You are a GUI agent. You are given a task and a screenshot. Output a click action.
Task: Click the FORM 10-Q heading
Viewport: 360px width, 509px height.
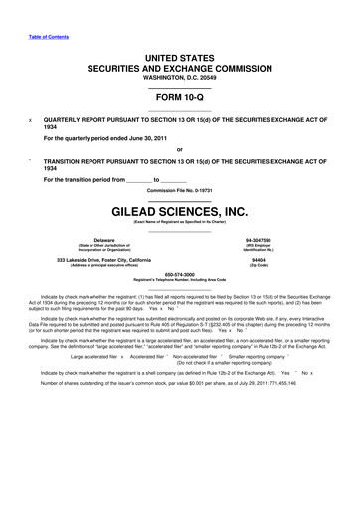click(179, 96)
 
